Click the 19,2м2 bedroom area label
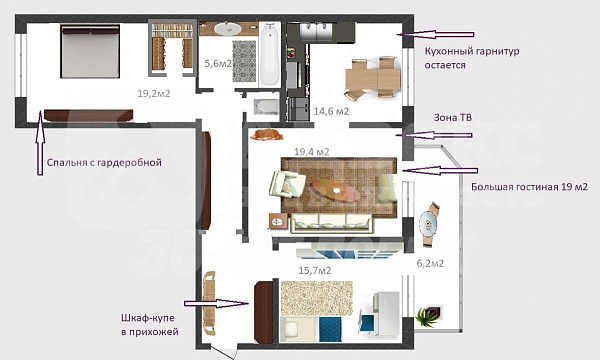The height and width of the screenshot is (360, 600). (154, 93)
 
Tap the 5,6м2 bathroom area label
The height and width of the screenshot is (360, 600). (218, 63)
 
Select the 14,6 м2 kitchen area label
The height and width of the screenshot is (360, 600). (331, 111)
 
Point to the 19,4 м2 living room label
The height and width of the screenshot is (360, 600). (312, 152)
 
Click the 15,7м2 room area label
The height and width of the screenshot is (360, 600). (315, 270)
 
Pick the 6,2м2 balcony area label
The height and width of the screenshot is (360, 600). (430, 263)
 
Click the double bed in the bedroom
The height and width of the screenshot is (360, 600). (90, 51)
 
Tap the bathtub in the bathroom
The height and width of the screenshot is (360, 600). (270, 54)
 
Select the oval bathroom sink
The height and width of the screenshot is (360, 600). (227, 29)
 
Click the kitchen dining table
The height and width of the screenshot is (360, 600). (372, 79)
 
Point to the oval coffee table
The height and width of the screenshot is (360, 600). (336, 190)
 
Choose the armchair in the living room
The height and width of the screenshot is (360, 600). (287, 184)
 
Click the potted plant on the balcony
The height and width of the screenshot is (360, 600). (429, 316)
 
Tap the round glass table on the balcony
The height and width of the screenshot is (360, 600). (428, 223)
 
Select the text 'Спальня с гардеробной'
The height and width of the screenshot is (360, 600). (104, 163)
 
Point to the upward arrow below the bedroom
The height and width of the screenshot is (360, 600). (40, 143)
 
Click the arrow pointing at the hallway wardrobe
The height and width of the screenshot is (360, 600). (216, 304)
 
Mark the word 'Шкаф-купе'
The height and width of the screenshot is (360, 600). (148, 318)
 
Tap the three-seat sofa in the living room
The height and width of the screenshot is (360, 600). (331, 223)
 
